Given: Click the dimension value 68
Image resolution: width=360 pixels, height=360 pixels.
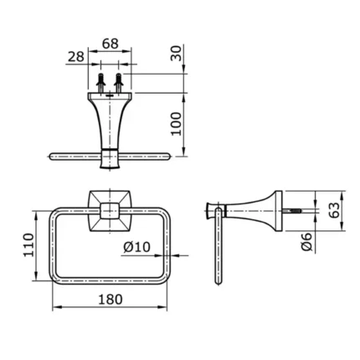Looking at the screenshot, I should coord(111,43).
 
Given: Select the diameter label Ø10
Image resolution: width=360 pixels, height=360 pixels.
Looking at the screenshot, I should coord(136,248).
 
